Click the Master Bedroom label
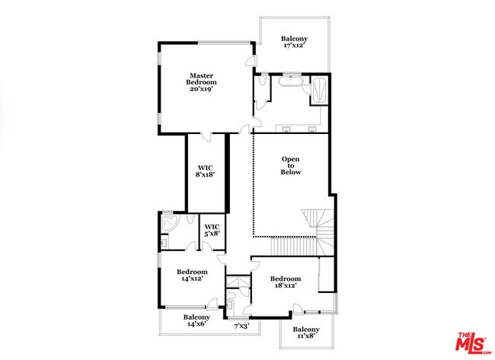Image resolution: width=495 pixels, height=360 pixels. (202, 78)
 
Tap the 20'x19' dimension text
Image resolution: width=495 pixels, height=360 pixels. (202, 89)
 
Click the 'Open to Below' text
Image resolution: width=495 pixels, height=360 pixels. (291, 166)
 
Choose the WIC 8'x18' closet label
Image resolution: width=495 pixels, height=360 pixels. (206, 170)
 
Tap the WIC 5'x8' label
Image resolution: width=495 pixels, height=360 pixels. (212, 230)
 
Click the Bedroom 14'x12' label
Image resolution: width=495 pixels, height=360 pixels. (192, 276)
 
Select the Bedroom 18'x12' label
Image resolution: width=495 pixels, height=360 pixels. (286, 282)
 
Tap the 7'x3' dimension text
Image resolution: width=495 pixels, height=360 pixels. (241, 326)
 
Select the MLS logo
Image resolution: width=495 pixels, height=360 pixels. (472, 342)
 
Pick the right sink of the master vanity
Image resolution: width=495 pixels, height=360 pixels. (313, 128)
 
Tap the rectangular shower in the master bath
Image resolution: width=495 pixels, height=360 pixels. (319, 91)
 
